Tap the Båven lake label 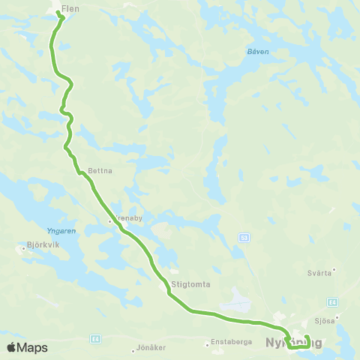[x=257, y=52]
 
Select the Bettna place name [x=100, y=170]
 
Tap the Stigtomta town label [x=190, y=285]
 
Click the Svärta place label [x=319, y=273]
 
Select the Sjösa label [x=325, y=319]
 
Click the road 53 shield [x=244, y=237]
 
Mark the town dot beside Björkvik [x=22, y=244]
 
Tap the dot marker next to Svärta [x=334, y=268]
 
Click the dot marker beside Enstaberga [x=208, y=345]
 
